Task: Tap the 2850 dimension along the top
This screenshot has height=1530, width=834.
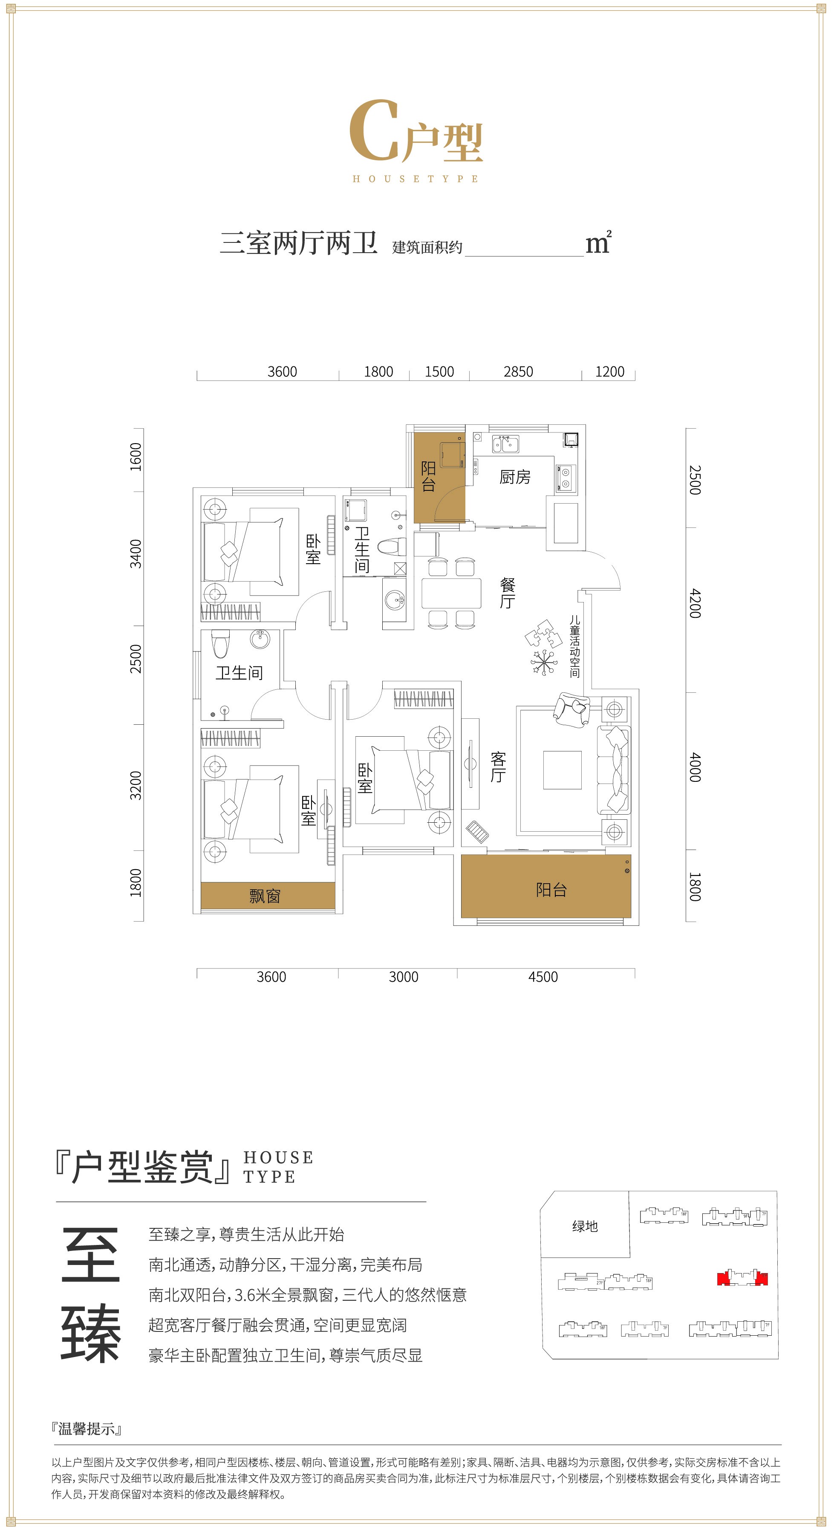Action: click(518, 372)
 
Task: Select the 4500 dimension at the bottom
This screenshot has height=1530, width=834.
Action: click(543, 977)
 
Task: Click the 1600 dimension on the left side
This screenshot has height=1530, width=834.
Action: click(136, 457)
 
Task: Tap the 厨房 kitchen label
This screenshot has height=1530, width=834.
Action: click(514, 477)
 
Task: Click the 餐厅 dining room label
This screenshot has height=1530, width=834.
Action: click(507, 593)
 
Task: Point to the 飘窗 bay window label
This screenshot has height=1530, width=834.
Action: click(265, 896)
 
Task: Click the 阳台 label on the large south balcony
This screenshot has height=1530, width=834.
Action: click(551, 889)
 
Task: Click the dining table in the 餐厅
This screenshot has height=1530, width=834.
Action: click(451, 593)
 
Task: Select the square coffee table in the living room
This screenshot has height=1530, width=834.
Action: click(562, 770)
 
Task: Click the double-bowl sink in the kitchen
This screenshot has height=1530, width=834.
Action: click(505, 444)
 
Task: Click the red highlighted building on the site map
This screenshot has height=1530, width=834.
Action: click(742, 1278)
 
